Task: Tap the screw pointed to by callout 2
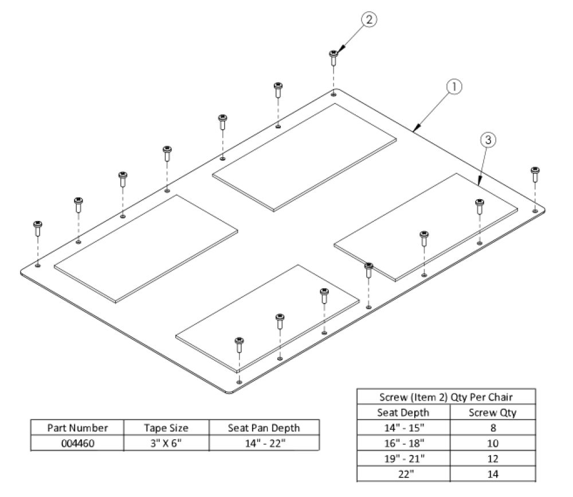click(333, 57)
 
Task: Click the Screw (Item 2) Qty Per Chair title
click(445, 397)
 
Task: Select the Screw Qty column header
click(493, 412)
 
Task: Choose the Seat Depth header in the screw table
click(403, 412)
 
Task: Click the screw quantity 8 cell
click(493, 428)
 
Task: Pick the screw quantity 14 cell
click(493, 474)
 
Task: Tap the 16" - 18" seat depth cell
click(403, 443)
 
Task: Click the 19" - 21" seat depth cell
click(403, 459)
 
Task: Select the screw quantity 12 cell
click(493, 459)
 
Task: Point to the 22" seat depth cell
click(403, 474)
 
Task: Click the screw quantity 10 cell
click(493, 443)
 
